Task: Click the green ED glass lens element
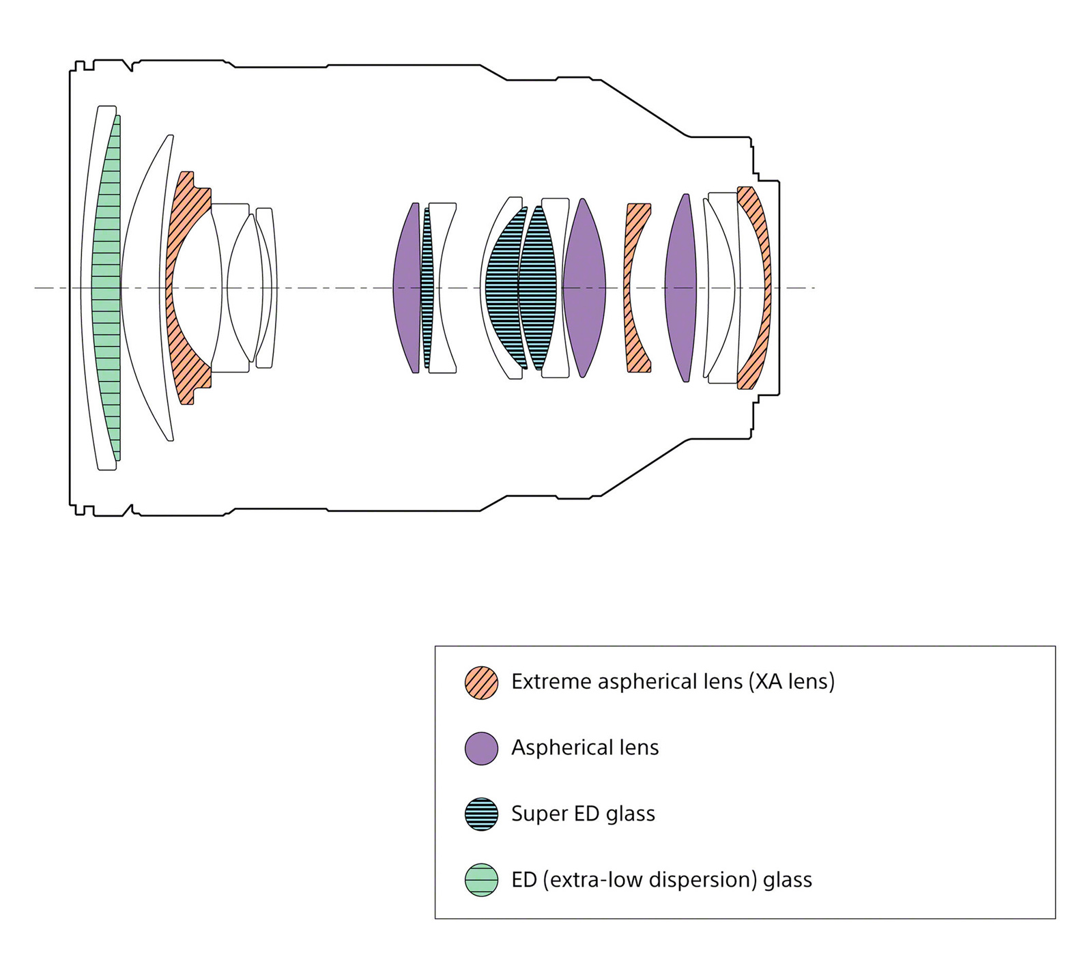click(x=107, y=287)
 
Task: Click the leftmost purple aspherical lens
click(x=407, y=287)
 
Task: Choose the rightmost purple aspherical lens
click(x=680, y=287)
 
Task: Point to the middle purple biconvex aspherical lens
click(x=584, y=287)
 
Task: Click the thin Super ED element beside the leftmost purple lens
click(x=427, y=287)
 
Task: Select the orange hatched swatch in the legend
click(x=481, y=683)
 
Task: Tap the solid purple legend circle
click(x=481, y=748)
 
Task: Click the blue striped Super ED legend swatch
click(x=481, y=814)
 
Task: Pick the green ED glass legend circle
click(x=481, y=880)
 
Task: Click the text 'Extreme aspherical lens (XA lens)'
click(x=673, y=682)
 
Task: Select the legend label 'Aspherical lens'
click(x=585, y=747)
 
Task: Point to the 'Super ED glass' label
click(x=583, y=814)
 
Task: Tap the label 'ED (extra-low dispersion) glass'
click(x=661, y=880)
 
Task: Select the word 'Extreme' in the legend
click(x=551, y=682)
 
